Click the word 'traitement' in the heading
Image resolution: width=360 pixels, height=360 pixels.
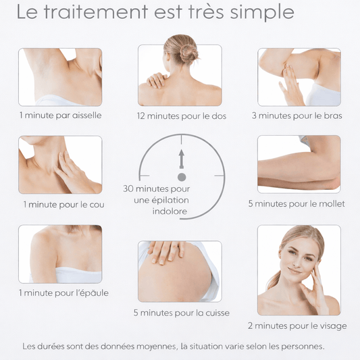[96, 11]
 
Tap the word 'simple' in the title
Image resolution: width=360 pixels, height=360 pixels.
[262, 13]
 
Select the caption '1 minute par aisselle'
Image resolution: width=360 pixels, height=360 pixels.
[60, 115]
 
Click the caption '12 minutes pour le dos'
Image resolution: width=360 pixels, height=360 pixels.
[182, 116]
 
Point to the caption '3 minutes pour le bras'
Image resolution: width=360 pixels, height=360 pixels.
[297, 115]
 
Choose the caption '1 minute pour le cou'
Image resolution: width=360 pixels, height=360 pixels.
[63, 205]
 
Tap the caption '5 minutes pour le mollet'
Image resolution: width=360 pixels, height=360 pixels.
[297, 204]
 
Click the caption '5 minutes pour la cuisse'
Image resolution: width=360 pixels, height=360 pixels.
[182, 313]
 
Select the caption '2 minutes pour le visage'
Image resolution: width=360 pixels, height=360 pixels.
[297, 326]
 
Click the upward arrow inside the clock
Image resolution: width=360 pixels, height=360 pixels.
[182, 159]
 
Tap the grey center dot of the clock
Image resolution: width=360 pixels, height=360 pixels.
[182, 177]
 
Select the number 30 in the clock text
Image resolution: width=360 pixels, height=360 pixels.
[128, 188]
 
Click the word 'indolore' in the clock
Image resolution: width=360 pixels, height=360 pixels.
[170, 211]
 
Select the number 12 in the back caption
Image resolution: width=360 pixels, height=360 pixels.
[140, 116]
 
